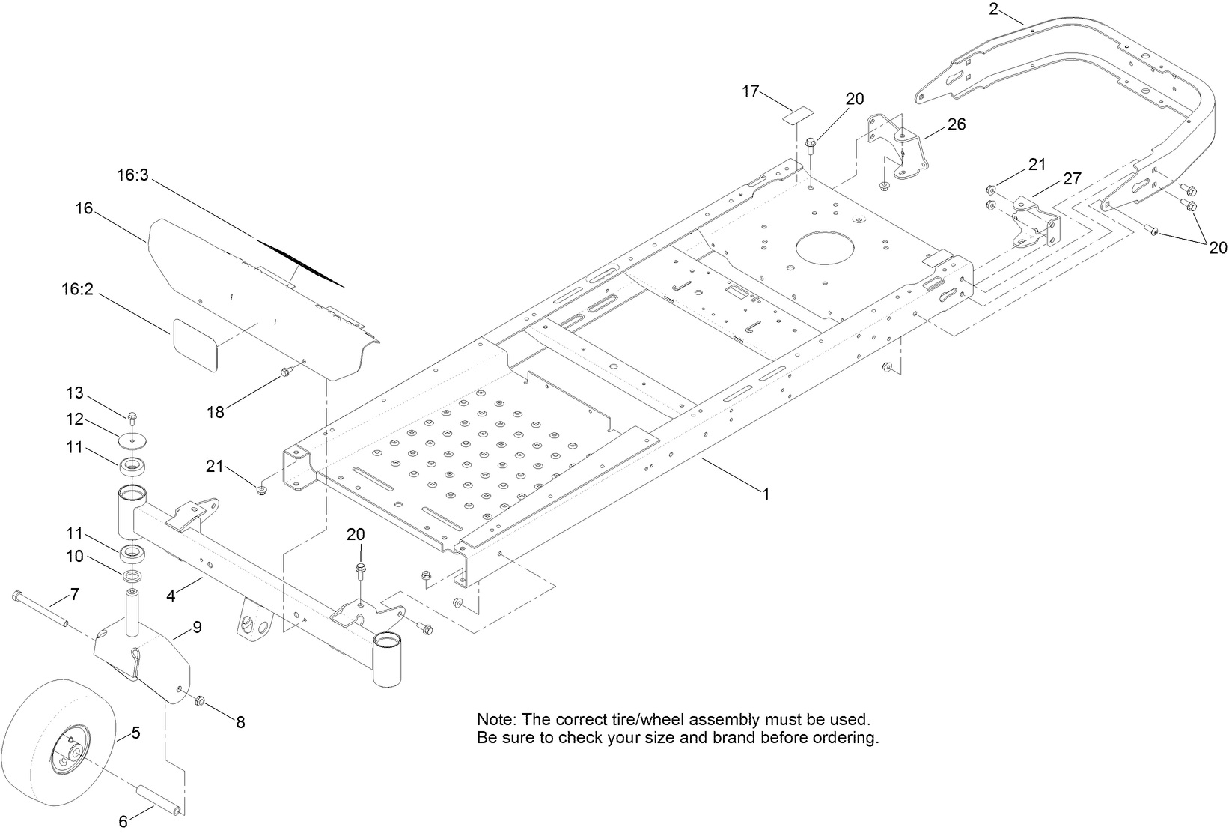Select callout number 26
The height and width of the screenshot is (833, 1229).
[x=956, y=124]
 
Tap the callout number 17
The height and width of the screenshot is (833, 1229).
[x=751, y=91]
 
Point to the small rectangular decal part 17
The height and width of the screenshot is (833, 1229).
[x=798, y=115]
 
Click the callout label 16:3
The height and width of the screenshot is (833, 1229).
[x=133, y=175]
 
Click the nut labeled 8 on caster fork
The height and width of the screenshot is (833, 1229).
[x=201, y=701]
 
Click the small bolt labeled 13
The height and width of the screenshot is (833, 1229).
[x=132, y=416]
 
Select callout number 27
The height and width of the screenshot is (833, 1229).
[x=1072, y=179]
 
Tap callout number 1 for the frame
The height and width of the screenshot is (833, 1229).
[x=765, y=494]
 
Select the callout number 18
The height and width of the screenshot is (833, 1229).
[x=216, y=412]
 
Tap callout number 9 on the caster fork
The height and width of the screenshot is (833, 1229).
[x=197, y=627]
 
